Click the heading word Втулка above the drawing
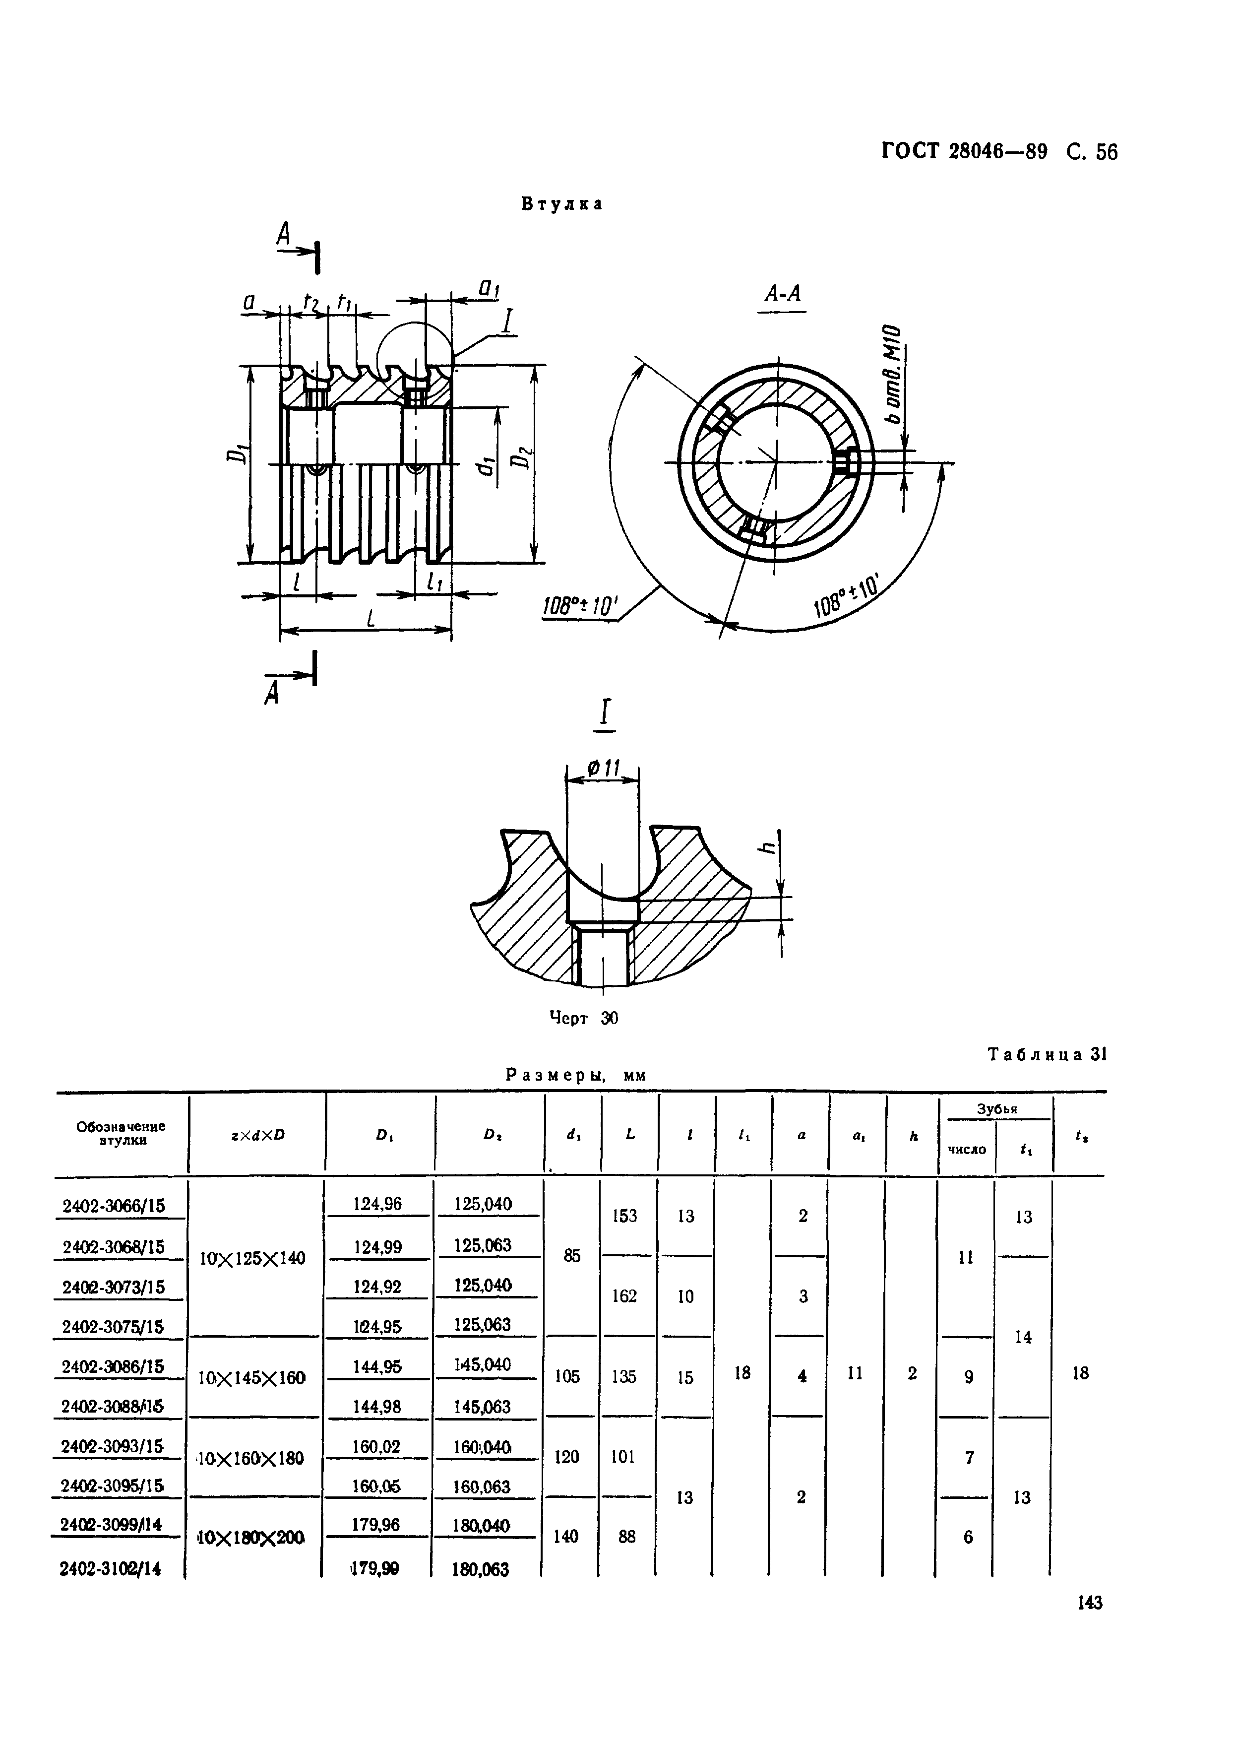pos(561,204)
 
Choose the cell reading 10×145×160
pos(252,1378)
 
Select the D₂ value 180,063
pos(481,1569)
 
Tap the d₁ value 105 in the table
pos(568,1376)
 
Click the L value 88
pos(626,1537)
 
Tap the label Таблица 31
pos(1047,1054)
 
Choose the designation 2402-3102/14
pos(111,1569)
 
